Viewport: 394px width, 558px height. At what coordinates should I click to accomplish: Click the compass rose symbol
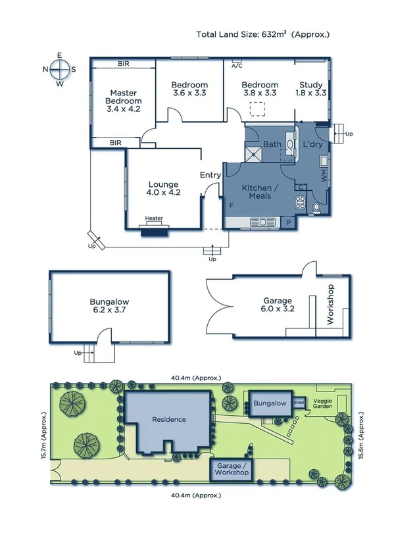point(59,68)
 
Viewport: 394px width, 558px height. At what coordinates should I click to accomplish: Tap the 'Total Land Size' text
point(264,34)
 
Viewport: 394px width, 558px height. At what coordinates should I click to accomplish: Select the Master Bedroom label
point(124,101)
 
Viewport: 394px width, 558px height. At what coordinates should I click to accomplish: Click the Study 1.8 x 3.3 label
point(312,89)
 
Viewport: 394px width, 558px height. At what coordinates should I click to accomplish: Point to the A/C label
point(237,66)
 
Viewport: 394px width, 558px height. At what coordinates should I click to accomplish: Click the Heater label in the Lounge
point(154,218)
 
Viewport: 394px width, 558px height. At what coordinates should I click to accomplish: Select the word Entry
point(210,175)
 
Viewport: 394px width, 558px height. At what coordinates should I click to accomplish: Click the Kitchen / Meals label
point(260,193)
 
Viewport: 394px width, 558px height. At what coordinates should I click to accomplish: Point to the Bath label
point(272,144)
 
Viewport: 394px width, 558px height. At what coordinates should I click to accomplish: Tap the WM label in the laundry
point(324,176)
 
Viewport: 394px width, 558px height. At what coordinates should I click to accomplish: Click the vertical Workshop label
point(331,305)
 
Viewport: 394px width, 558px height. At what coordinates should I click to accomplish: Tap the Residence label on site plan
point(169,419)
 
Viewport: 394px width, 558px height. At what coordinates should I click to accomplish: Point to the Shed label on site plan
point(299,401)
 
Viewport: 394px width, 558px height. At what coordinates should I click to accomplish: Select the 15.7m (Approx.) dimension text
point(43,437)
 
